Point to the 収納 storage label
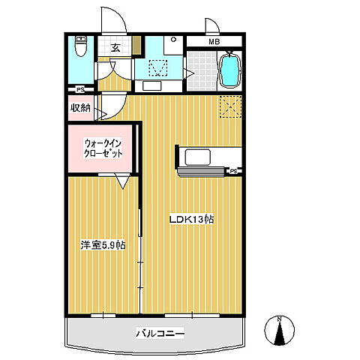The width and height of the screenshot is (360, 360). coord(80,108)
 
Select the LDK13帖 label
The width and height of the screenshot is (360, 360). coord(191,220)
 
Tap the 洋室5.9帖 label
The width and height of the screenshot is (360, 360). coord(103,244)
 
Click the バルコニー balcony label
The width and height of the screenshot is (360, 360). coord(160,332)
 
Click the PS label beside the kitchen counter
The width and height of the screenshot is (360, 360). coord(233,171)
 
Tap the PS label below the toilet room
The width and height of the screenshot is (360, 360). coord(79,88)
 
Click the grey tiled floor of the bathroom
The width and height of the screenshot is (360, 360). coord(199,71)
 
